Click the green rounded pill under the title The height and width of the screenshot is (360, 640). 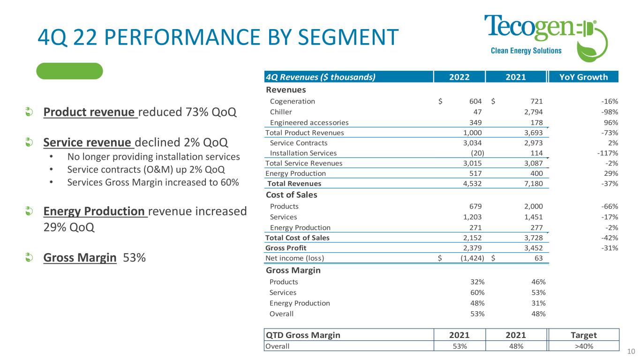pos(70,71)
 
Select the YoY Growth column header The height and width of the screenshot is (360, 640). pos(584,77)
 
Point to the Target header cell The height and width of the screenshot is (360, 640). pos(584,335)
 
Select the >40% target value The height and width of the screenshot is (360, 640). pos(584,346)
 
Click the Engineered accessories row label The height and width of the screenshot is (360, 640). pos(309,122)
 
